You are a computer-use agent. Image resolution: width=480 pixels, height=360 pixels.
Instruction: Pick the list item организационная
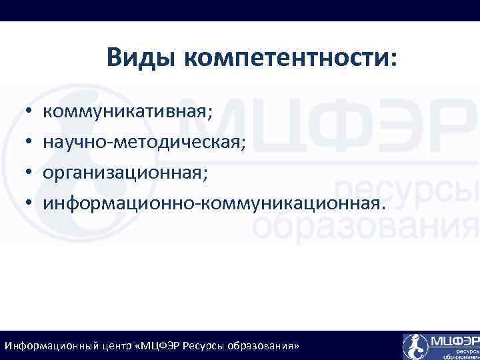(x=125, y=172)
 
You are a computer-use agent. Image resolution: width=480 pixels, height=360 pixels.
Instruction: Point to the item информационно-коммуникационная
(x=214, y=203)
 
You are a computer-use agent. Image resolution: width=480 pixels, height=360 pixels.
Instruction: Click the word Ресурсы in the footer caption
(x=205, y=347)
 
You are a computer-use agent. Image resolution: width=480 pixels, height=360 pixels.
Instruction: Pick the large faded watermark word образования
(x=367, y=227)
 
